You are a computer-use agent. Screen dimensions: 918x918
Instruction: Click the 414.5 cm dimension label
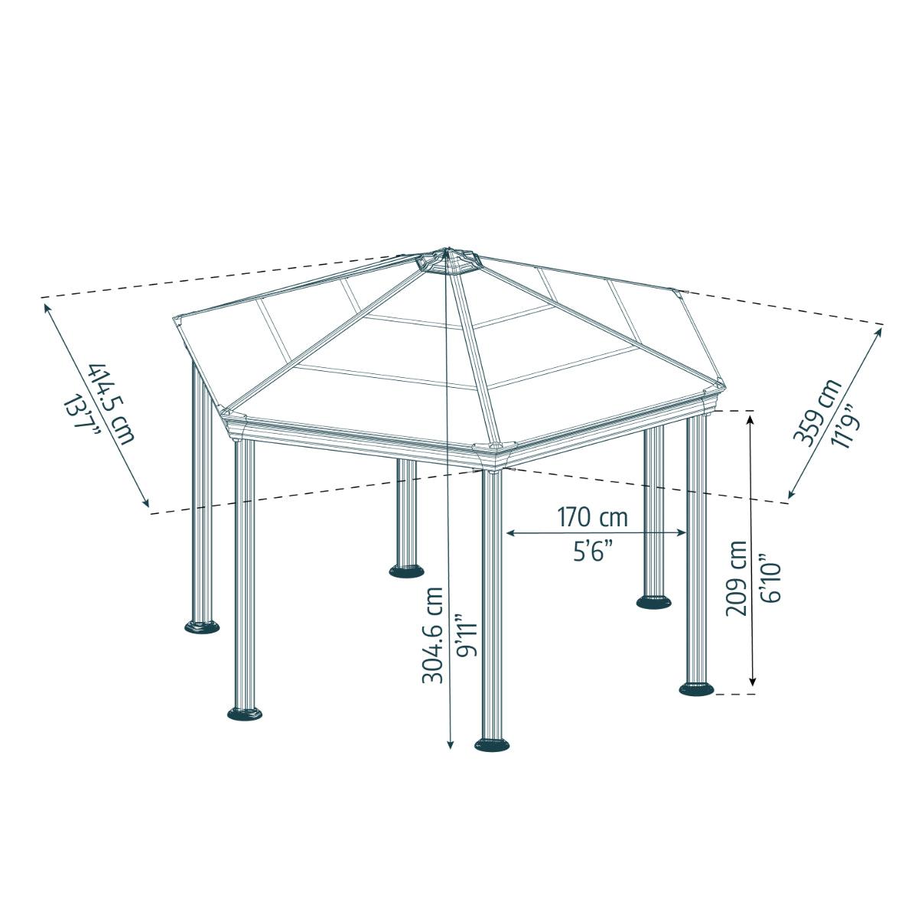pyautogui.click(x=112, y=403)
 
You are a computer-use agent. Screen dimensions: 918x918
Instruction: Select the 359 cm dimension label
pyautogui.click(x=815, y=411)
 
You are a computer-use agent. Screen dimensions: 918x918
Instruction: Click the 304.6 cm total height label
pyautogui.click(x=433, y=635)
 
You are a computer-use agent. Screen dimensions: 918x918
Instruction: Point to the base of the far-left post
pyautogui.click(x=202, y=627)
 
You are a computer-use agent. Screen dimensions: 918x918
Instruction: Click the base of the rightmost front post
pyautogui.click(x=697, y=688)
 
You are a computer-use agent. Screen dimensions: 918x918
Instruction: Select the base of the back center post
pyautogui.click(x=406, y=571)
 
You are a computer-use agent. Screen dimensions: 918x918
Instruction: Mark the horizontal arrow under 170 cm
pyautogui.click(x=597, y=532)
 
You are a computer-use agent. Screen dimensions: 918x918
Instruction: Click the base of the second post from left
pyautogui.click(x=245, y=714)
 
